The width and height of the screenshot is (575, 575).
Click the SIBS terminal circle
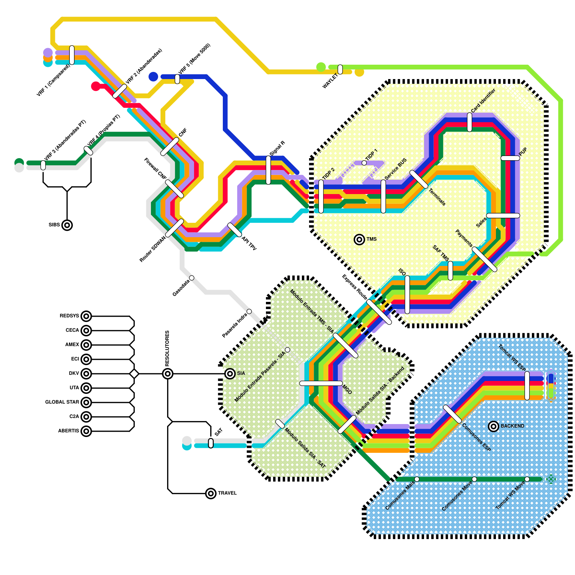67,225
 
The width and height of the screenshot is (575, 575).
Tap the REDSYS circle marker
86,316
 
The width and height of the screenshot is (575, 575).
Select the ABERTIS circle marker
86,431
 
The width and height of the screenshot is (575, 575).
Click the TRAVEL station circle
211,493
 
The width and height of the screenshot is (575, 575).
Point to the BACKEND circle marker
493,426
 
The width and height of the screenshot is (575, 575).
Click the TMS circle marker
359,239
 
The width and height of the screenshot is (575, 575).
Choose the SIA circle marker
230,374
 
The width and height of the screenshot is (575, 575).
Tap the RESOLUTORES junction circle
167,374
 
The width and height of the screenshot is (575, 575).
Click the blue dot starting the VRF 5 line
153,77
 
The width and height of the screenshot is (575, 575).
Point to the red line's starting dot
96,86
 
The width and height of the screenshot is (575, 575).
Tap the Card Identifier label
483,100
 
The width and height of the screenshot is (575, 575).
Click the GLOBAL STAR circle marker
86,402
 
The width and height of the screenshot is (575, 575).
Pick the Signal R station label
277,148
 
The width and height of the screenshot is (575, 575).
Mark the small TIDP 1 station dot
364,163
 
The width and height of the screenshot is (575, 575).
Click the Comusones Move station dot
474,479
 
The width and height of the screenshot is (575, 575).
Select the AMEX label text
72,345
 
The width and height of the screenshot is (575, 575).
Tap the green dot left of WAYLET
321,67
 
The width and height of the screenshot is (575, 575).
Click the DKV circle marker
86,374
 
